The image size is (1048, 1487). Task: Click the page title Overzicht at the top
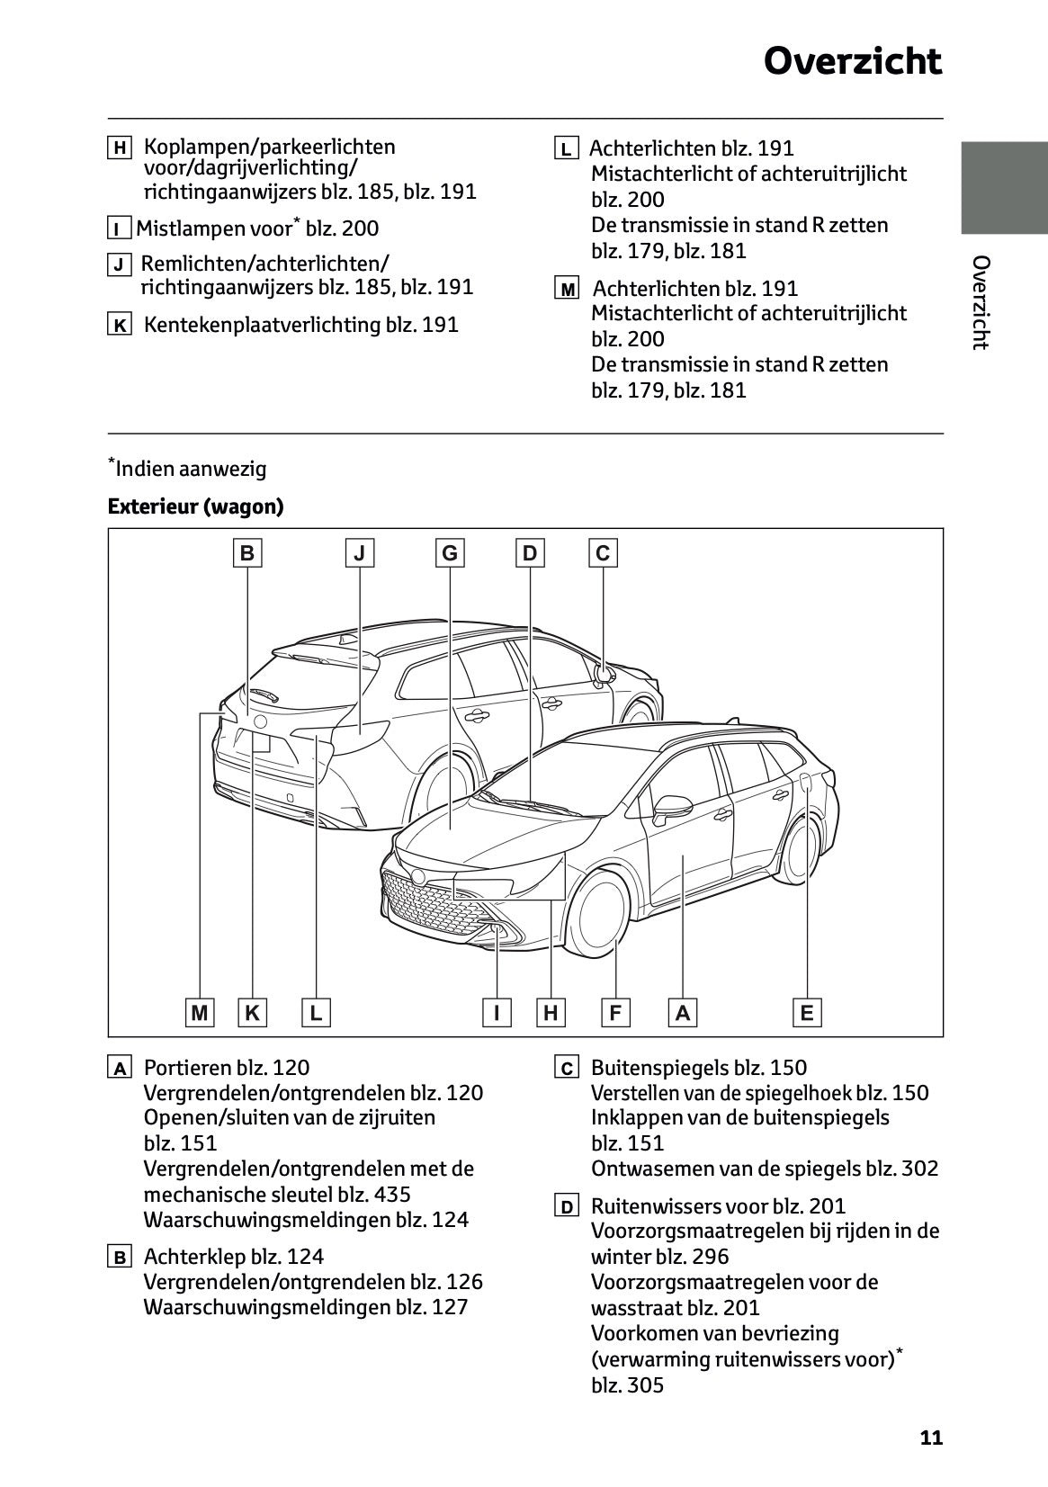click(852, 62)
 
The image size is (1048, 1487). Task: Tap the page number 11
click(931, 1438)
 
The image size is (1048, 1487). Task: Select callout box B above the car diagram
click(246, 552)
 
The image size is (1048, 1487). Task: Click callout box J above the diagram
click(360, 552)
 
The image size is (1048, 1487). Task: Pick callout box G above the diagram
click(449, 552)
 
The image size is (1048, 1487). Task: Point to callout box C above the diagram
click(603, 552)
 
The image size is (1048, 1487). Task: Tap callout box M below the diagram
click(200, 1013)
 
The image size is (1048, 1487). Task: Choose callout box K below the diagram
click(253, 1013)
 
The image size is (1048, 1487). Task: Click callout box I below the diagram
click(497, 1013)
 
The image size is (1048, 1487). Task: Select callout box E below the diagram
click(807, 1013)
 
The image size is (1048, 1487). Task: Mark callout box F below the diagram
click(615, 1013)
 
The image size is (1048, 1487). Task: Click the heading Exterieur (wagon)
click(195, 506)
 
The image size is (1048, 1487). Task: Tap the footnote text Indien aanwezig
click(191, 469)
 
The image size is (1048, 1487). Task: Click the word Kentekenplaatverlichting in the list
click(262, 325)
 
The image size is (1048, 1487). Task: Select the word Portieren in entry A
click(187, 1068)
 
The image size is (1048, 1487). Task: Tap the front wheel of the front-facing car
click(593, 917)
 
